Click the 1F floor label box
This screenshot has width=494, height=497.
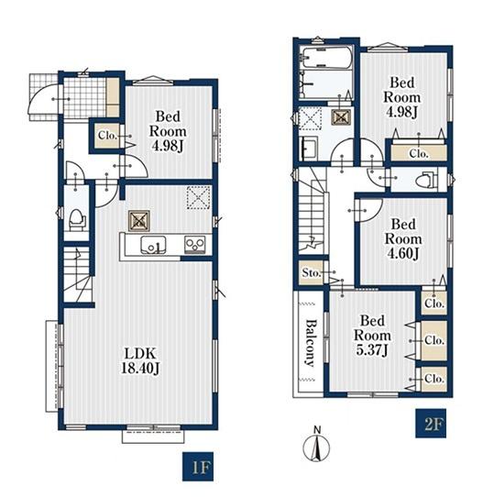tap(198, 467)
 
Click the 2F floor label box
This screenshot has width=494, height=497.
tap(431, 424)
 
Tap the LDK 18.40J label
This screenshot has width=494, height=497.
tap(140, 360)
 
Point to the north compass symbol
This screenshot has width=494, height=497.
tap(316, 445)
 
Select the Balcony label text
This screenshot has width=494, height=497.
tap(312, 343)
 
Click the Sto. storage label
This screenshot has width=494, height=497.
tap(312, 272)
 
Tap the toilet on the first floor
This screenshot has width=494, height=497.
tap(77, 220)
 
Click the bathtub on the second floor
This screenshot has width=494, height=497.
tap(327, 57)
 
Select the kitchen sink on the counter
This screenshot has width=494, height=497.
tap(153, 245)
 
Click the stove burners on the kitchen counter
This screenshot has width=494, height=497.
tap(195, 245)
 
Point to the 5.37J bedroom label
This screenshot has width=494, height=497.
tap(372, 336)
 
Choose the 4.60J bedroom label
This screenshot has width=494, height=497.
tap(403, 238)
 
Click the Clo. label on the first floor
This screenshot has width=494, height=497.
tap(108, 136)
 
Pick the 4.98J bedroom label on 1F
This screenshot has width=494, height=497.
tap(168, 131)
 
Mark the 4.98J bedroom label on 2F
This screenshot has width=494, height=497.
tap(401, 97)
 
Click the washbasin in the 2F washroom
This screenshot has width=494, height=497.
tap(309, 149)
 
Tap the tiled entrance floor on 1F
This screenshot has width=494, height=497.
tap(84, 97)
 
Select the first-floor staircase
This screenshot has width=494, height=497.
tap(78, 274)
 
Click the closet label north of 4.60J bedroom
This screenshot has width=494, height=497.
tap(419, 154)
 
